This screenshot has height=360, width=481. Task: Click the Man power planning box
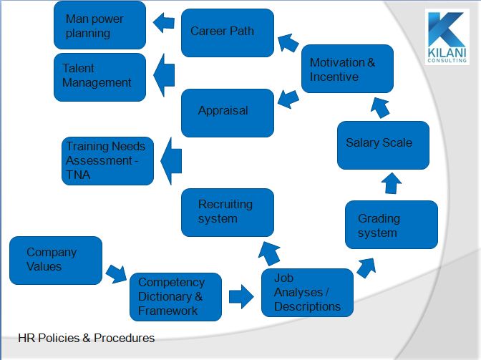[99, 26]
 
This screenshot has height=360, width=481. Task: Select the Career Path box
[228, 33]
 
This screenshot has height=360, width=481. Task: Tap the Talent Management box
[99, 77]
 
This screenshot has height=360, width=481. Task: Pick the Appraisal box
[228, 113]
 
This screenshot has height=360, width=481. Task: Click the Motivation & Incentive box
[347, 69]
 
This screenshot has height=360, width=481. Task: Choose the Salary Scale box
[383, 145]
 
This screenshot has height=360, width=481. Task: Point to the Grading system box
[392, 225]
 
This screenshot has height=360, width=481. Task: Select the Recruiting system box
[228, 213]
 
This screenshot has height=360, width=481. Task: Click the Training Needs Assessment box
[107, 161]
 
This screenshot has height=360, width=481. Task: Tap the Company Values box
[56, 261]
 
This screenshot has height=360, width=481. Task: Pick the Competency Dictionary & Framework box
[175, 297]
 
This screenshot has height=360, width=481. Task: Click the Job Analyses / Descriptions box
[307, 293]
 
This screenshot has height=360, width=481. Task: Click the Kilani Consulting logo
[447, 37]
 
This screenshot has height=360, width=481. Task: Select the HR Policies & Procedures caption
[86, 338]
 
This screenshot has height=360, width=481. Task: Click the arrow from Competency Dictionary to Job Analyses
[241, 296]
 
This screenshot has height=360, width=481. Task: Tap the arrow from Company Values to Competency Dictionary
[116, 274]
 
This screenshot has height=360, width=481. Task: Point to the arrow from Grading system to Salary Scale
[392, 183]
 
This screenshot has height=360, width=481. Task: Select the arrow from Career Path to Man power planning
[164, 23]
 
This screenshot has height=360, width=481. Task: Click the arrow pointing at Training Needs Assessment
[171, 161]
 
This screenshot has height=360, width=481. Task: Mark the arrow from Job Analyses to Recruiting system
[270, 253]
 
